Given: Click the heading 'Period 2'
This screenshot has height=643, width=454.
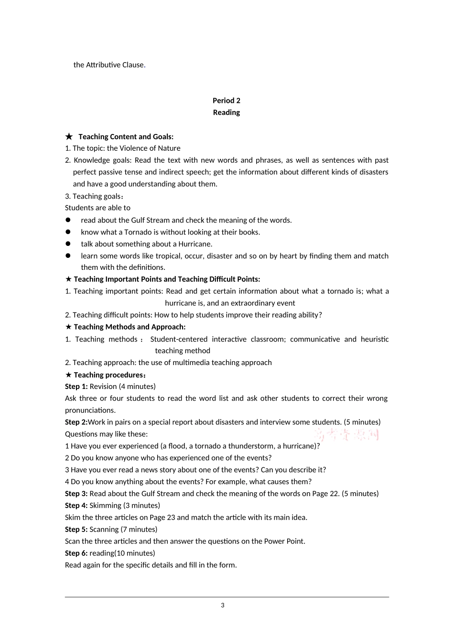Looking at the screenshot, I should [x=226, y=100].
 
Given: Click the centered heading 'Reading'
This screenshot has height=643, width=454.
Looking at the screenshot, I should [x=226, y=112].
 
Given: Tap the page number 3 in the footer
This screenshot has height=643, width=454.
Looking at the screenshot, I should [x=223, y=605].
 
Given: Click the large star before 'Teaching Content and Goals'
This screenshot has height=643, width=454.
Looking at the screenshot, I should [x=69, y=137].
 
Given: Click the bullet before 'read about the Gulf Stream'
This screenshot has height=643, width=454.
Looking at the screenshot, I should [x=68, y=220].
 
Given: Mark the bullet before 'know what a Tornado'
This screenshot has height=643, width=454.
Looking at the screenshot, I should [x=68, y=232].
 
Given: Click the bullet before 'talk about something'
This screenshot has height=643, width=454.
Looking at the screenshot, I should [x=68, y=244].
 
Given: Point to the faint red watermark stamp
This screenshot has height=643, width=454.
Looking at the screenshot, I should [x=347, y=435].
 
